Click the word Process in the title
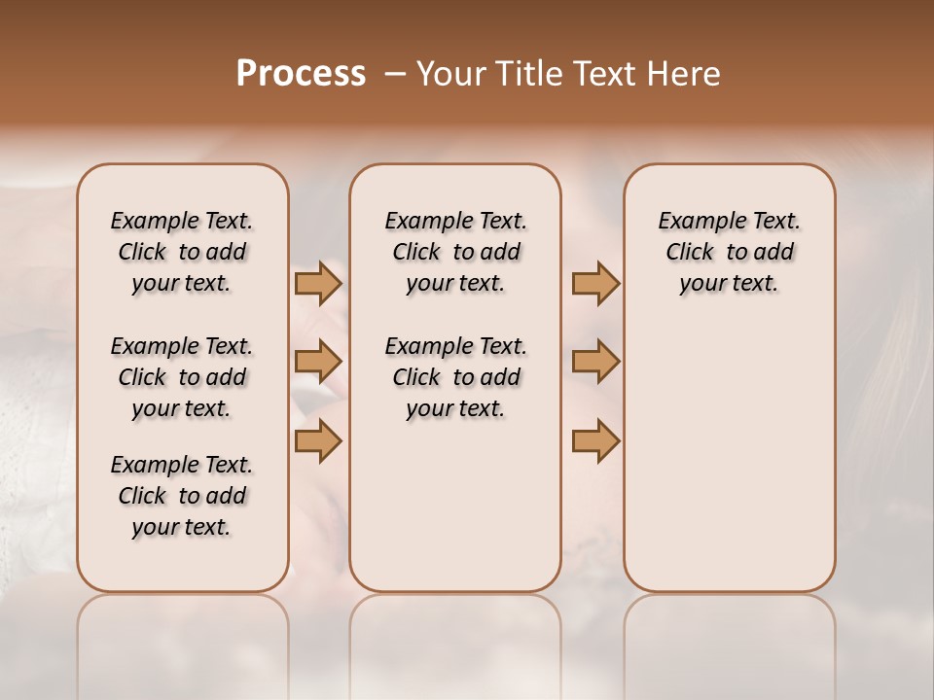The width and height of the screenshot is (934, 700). pos(301,73)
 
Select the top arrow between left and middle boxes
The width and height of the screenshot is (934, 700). pos(318,283)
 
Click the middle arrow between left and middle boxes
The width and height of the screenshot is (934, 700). pos(318,362)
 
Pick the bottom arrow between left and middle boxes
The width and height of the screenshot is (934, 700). pos(318,440)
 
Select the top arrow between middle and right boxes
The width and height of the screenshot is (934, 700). pos(595,283)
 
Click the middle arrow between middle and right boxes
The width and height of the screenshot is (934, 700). pos(595,362)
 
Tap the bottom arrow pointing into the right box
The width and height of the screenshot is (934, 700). pos(595,440)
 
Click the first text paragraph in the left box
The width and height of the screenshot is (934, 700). pos(182,252)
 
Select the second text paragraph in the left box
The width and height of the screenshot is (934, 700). pos(182,377)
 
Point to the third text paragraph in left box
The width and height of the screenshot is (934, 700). pos(182,496)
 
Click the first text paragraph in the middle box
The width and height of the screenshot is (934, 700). pos(455,252)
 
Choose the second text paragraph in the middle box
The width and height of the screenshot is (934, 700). pos(455,377)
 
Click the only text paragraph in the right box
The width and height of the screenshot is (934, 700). pos(729,252)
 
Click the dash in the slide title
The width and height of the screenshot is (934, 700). pos(395,74)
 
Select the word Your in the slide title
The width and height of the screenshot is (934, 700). pos(451,74)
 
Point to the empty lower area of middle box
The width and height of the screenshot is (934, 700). pos(455,506)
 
